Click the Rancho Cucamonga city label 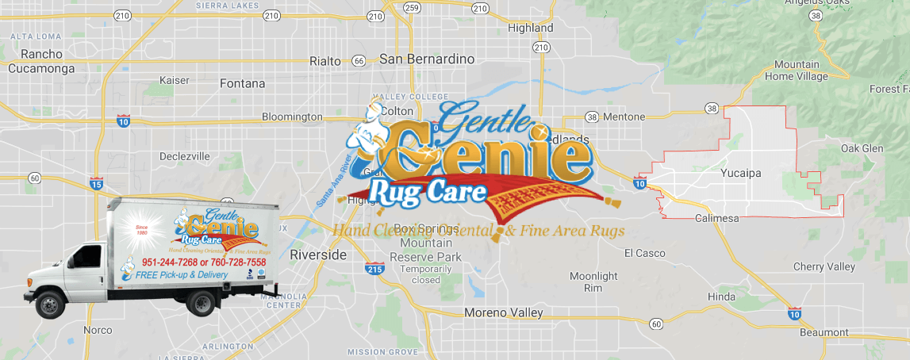(41, 61)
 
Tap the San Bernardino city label (427, 59)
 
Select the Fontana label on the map (242, 82)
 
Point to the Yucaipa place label (741, 171)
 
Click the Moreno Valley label (504, 312)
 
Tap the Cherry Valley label (824, 267)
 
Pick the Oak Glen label (862, 148)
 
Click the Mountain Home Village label (797, 71)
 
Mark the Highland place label (530, 28)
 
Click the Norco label (98, 330)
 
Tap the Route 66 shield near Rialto (359, 61)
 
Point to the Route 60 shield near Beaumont (655, 324)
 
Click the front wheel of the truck (52, 304)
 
